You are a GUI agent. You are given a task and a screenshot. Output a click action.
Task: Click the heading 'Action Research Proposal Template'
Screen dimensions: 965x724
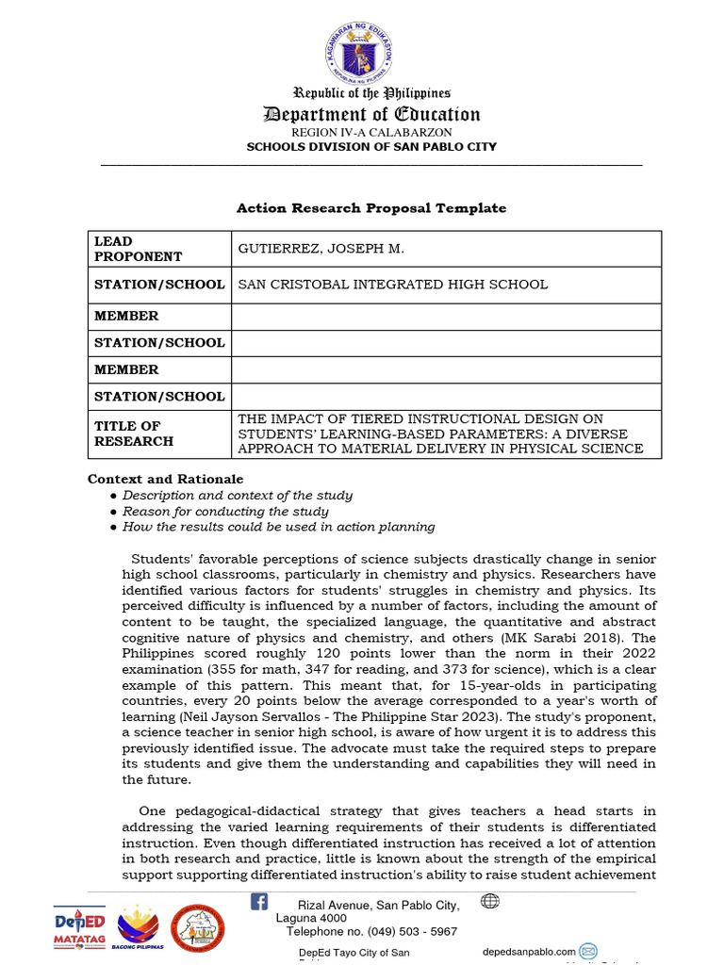(x=370, y=208)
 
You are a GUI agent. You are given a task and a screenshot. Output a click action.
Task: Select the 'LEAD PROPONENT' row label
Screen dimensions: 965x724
(x=138, y=249)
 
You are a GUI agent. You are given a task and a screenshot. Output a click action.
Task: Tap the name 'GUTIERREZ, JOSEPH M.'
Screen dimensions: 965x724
(x=321, y=249)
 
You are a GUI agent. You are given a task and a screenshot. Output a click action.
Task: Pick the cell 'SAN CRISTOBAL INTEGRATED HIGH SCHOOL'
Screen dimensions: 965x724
(x=392, y=285)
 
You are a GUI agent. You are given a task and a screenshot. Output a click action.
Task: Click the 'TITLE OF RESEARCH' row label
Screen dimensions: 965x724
(x=134, y=433)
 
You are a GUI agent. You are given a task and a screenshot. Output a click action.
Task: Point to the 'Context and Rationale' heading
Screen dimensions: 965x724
(x=165, y=479)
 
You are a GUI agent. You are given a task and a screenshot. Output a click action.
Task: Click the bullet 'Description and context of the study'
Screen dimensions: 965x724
(x=238, y=495)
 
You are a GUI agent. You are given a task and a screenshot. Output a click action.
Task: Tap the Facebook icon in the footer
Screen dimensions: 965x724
(x=258, y=902)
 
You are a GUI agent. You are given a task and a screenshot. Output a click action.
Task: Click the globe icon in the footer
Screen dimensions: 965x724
(x=489, y=901)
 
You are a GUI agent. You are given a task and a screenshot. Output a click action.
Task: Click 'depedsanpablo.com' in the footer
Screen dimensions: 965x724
(x=528, y=951)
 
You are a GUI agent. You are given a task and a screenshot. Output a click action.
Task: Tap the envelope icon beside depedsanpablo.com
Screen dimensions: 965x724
(x=588, y=950)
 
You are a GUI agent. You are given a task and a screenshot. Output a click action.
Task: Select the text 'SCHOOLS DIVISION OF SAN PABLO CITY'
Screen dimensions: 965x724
(x=371, y=147)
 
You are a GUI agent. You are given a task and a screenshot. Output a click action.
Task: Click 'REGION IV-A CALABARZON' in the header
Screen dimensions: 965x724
(x=370, y=133)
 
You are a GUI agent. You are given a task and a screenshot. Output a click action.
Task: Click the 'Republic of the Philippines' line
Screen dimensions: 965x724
(x=371, y=92)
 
